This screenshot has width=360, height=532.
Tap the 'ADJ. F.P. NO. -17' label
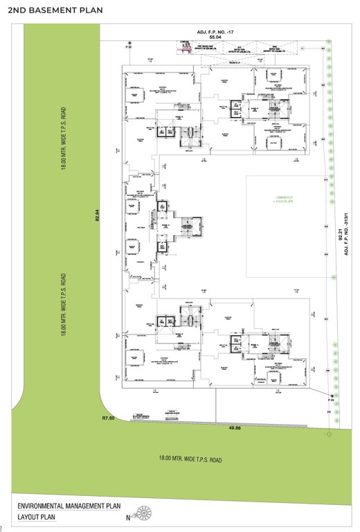click(217, 33)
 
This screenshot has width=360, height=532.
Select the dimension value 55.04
click(217, 39)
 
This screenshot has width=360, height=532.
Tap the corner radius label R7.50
click(108, 418)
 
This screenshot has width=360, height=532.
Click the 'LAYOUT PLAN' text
click(39, 517)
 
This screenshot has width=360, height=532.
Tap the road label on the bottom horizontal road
click(191, 458)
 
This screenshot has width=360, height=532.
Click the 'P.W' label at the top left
click(128, 47)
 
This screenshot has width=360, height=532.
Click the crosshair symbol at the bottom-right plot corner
click(328, 433)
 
